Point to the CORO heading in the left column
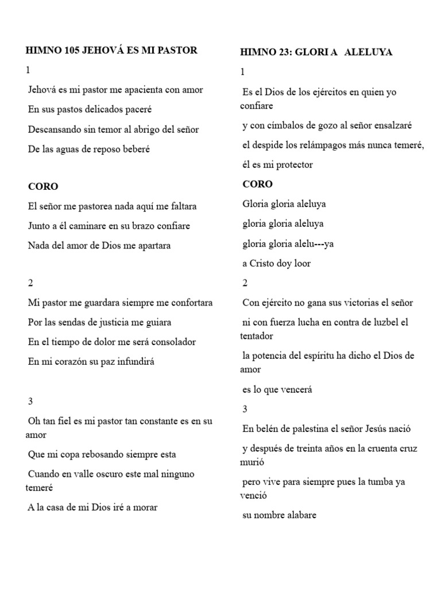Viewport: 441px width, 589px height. pyautogui.click(x=43, y=186)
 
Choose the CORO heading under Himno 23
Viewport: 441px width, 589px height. pyautogui.click(x=257, y=184)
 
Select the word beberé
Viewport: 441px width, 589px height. pyautogui.click(x=136, y=149)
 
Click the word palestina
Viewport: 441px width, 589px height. pyautogui.click(x=302, y=429)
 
